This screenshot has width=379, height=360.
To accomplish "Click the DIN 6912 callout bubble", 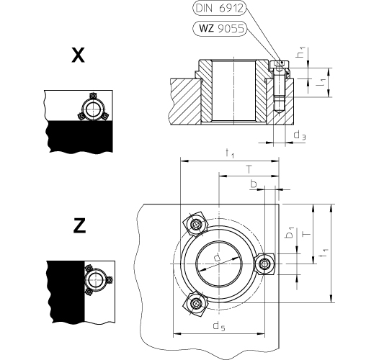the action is tap(219, 8).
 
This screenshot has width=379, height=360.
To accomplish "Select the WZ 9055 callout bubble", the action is tap(220, 29).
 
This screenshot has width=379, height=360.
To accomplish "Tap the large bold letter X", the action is tap(78, 55).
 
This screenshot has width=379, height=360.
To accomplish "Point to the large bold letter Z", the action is tap(79, 225).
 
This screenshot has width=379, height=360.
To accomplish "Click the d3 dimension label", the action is tap(300, 135).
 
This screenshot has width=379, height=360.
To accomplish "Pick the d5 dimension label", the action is tap(219, 326).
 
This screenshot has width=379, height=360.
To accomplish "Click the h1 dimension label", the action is tap(301, 52).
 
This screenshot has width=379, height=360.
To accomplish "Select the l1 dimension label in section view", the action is tap(321, 82).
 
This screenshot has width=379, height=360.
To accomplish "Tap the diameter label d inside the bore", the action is tap(218, 257).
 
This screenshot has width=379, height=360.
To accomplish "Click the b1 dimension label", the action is tap(290, 233).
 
